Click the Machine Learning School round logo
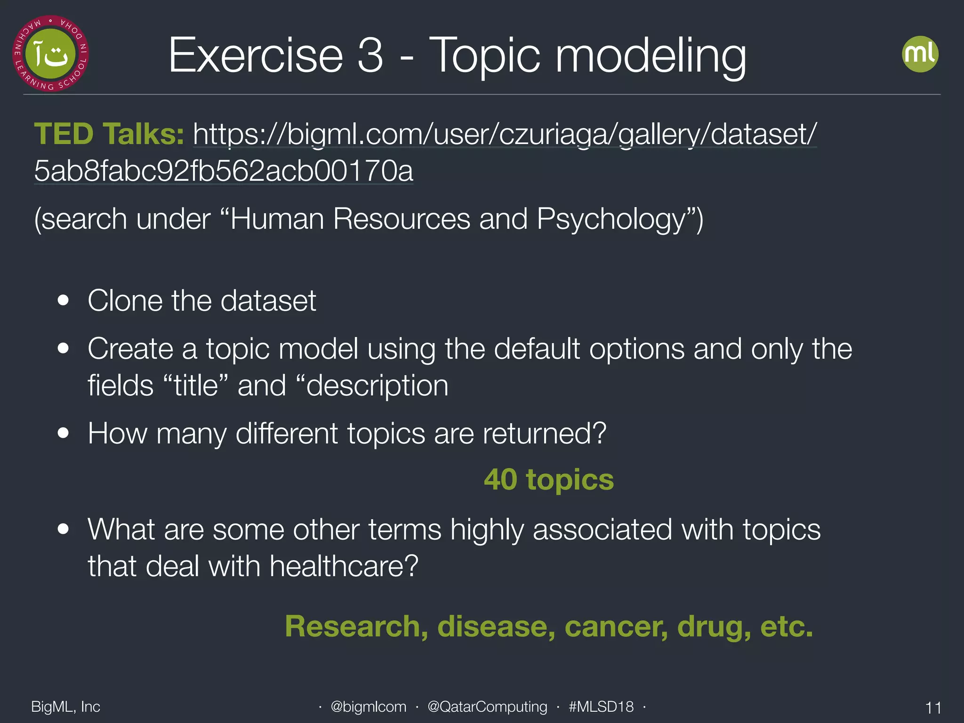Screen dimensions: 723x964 pyautogui.click(x=50, y=54)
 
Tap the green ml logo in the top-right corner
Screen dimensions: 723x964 pyautogui.click(x=920, y=54)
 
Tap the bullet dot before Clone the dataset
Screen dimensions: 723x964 pyautogui.click(x=63, y=300)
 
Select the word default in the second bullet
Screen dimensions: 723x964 pyautogui.click(x=536, y=349)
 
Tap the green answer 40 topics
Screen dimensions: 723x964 pyautogui.click(x=549, y=480)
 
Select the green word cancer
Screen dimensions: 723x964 pyautogui.click(x=616, y=627)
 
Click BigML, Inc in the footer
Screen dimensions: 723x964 pyautogui.click(x=65, y=707)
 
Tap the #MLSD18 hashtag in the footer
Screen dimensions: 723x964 pyautogui.click(x=601, y=707)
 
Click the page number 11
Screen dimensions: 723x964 pyautogui.click(x=933, y=707)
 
